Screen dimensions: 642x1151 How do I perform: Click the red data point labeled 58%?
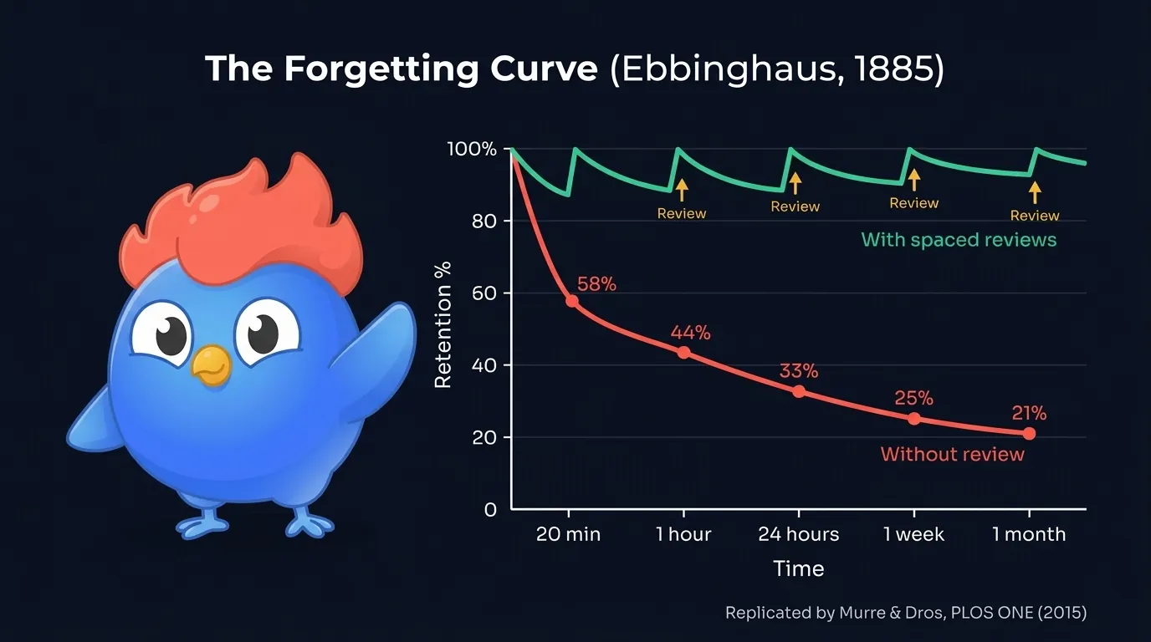coord(572,301)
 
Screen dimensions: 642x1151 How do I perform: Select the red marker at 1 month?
coord(1029,433)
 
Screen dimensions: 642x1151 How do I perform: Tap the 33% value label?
coord(799,370)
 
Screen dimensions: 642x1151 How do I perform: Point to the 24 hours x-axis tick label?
coord(798,534)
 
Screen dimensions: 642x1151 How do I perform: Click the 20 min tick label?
coord(568,534)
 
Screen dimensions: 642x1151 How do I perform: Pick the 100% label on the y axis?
coord(472,150)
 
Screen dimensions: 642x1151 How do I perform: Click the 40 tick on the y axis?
coord(484,365)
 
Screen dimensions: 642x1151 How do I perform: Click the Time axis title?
coord(798,569)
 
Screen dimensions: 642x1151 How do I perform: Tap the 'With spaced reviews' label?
coord(959,240)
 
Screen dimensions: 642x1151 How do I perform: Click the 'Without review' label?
coord(952,455)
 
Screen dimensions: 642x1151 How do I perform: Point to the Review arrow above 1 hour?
coord(682,189)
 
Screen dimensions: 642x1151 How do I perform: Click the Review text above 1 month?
coord(1035,216)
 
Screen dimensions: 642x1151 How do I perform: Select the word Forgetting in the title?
coord(381,69)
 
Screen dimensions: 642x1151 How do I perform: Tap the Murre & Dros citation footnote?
coord(905,613)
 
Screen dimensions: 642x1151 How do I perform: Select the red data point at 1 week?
coord(913,419)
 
